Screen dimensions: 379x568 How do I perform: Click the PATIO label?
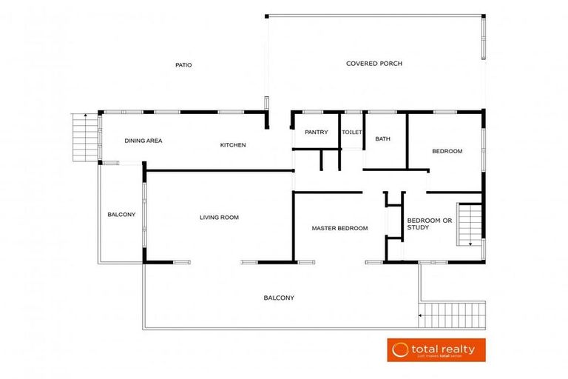(x=183, y=65)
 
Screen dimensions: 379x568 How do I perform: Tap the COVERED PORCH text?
(x=374, y=64)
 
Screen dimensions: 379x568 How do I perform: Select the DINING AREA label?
(x=143, y=141)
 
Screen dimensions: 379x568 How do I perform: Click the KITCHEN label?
(x=233, y=145)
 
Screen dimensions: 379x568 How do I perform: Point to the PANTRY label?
(x=316, y=133)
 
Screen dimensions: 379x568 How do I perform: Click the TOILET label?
(x=352, y=133)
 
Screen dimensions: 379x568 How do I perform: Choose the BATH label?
(x=382, y=139)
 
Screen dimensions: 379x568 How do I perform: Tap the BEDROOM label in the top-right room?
(x=447, y=151)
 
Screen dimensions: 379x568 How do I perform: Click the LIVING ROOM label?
(x=219, y=218)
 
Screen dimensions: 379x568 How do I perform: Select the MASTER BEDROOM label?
(x=339, y=228)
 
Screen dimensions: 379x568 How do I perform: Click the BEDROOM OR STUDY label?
(x=429, y=224)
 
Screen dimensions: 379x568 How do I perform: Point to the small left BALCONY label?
(x=121, y=215)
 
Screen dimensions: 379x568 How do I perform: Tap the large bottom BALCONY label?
(x=279, y=298)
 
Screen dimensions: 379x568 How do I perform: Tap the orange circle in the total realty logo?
(x=401, y=349)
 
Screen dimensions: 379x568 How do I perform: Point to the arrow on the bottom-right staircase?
(x=422, y=315)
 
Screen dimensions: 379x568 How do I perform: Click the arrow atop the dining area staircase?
(x=86, y=115)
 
